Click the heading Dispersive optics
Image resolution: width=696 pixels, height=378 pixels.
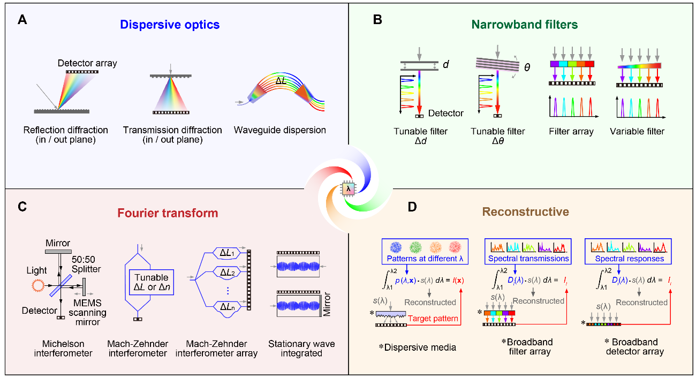tap(170, 25)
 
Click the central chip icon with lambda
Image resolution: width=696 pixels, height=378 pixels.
tap(349, 189)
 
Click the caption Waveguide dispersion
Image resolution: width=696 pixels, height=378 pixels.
tap(280, 130)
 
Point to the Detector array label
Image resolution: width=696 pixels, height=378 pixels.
tap(87, 63)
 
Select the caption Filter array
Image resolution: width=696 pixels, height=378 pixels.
tap(571, 132)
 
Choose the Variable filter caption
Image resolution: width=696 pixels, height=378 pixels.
tap(637, 132)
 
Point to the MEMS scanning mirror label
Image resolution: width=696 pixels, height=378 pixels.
tap(90, 313)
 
